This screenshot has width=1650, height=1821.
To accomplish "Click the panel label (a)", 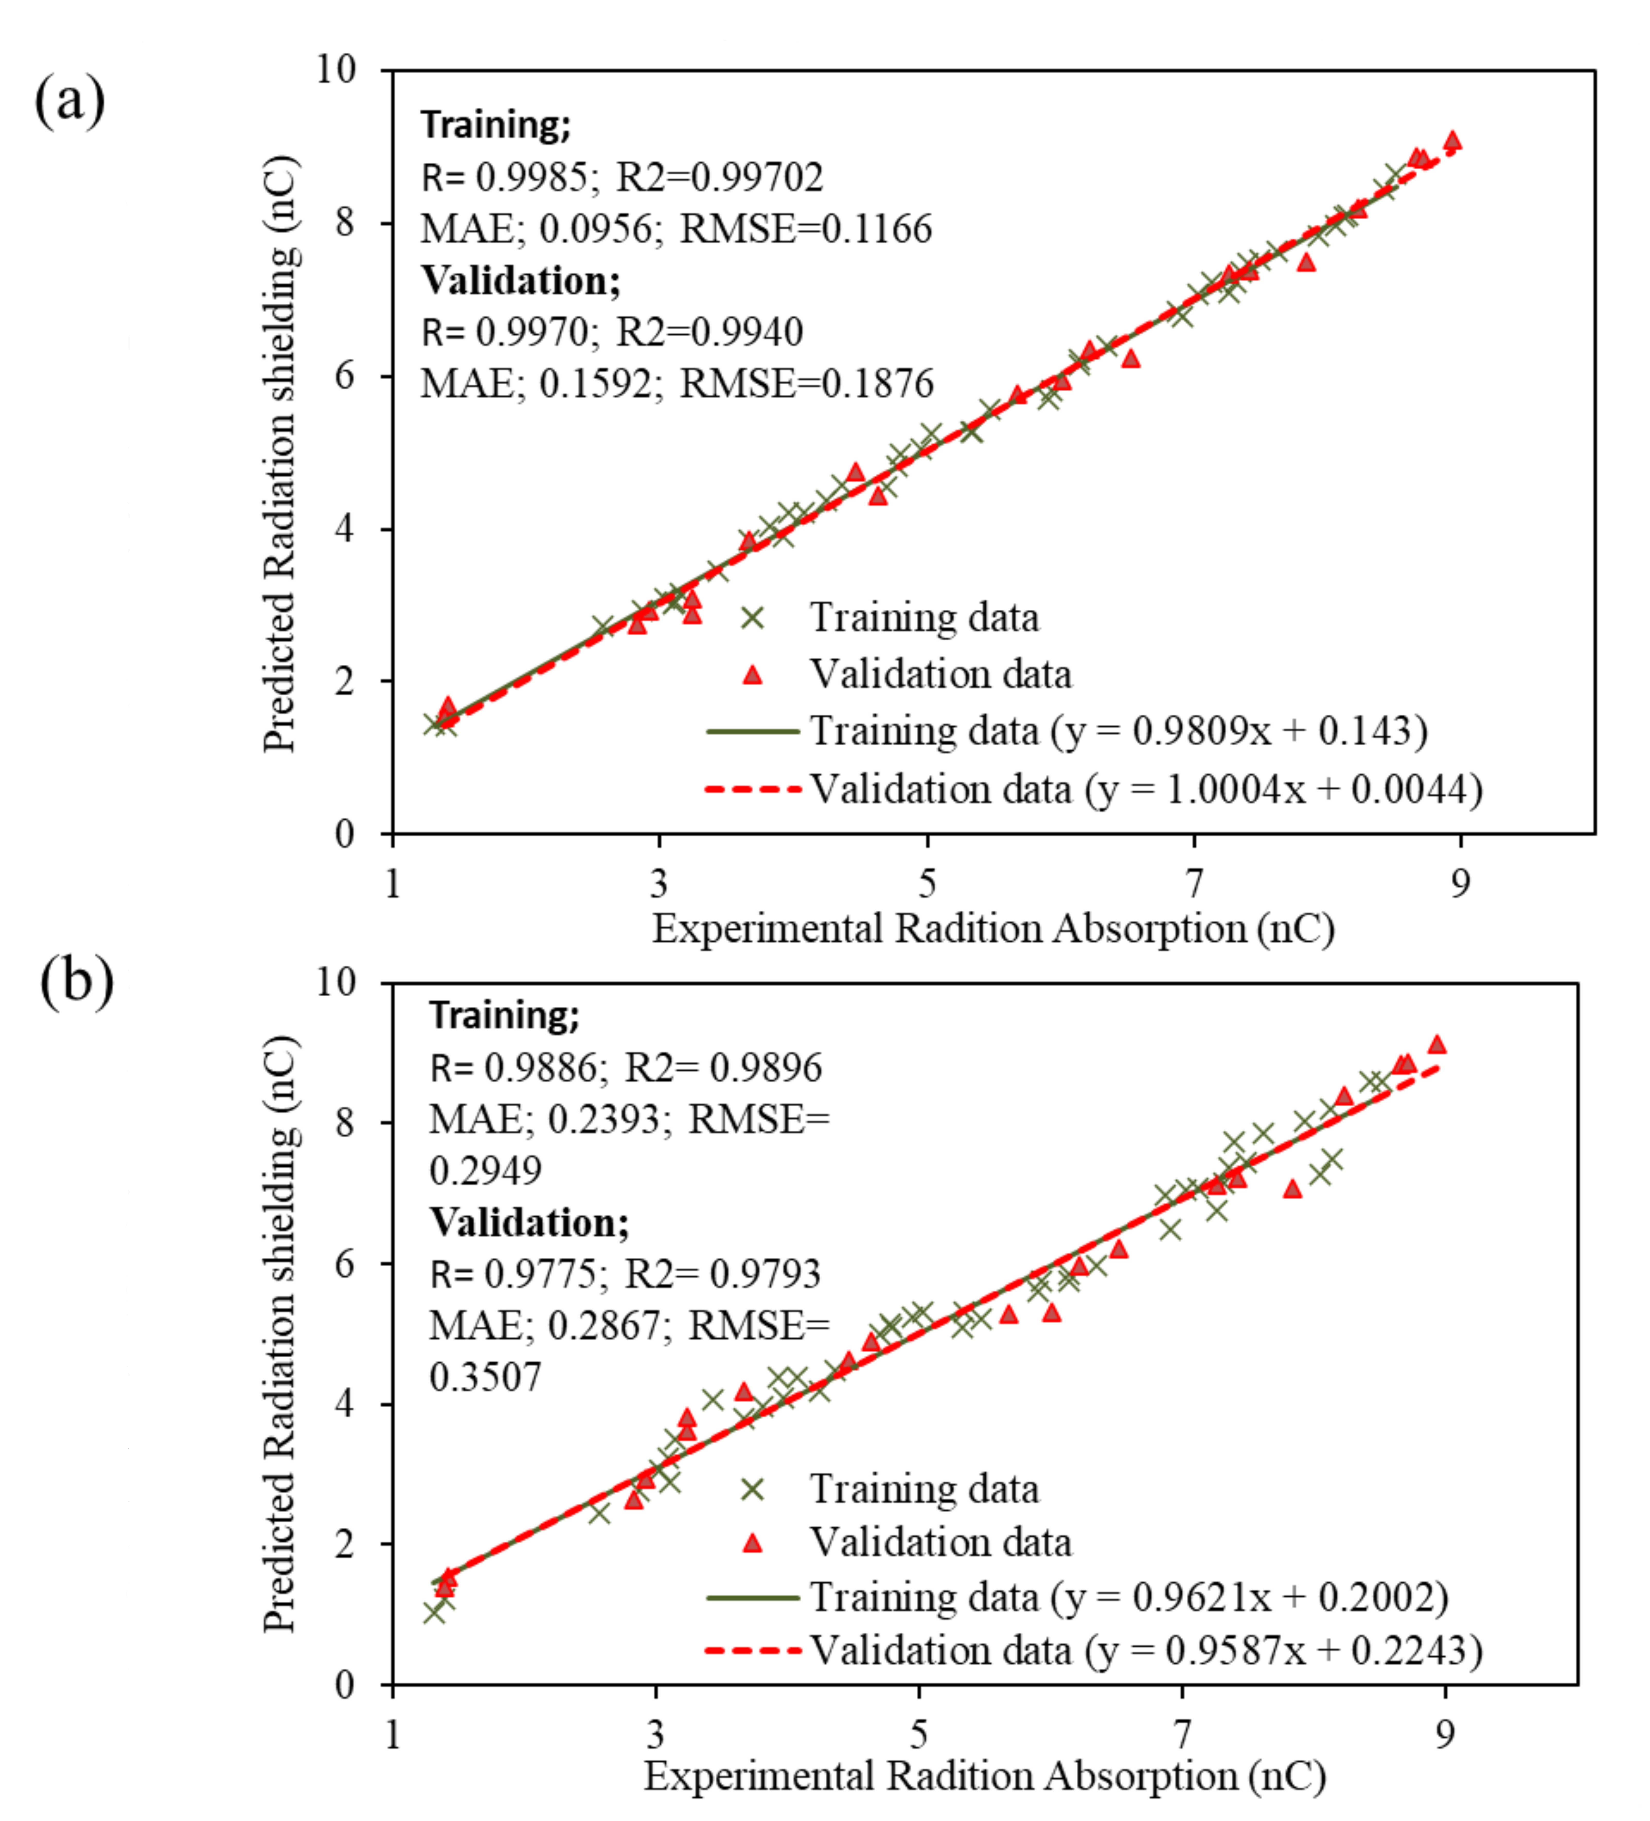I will point(69,101).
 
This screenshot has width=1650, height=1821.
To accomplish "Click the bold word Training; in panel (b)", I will point(504,1015).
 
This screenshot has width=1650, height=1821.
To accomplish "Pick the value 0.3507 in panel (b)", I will point(485,1377).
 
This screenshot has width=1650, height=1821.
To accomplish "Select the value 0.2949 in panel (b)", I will point(485,1171).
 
